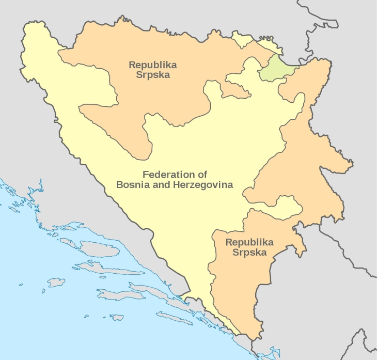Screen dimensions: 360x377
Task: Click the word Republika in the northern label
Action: tap(153, 65)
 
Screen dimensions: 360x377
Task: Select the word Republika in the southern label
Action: tap(249, 242)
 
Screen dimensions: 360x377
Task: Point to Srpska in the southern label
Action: tap(249, 253)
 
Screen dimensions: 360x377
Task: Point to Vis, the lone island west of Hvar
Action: tap(56, 283)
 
